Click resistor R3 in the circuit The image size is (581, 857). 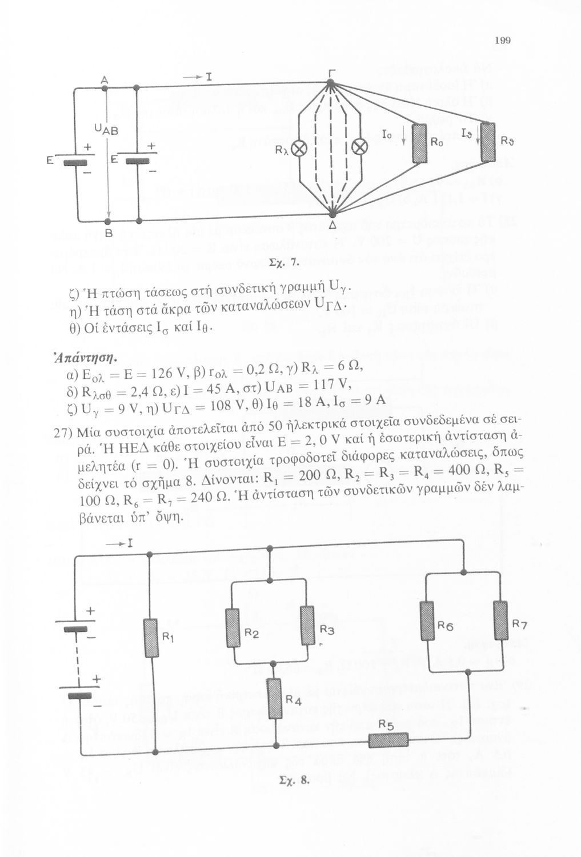click(x=307, y=626)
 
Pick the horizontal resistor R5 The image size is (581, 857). click(x=388, y=740)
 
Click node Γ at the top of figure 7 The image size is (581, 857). click(x=330, y=84)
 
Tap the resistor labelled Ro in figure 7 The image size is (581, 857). click(x=420, y=143)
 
